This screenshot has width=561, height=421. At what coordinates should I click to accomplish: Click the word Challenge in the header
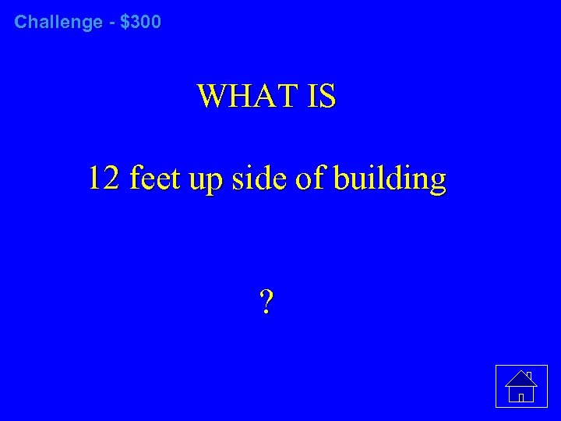coord(58,22)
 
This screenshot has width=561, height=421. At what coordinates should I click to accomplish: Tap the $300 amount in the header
coord(141,22)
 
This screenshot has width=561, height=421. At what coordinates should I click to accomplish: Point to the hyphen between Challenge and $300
coord(111,23)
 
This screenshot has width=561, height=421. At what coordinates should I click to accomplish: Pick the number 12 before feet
coord(104,179)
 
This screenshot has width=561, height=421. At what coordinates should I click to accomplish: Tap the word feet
coord(155,179)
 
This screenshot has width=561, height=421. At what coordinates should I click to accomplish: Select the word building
coord(389,179)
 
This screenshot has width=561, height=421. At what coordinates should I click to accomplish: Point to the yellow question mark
coord(266,300)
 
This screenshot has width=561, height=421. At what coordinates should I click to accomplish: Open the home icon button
coord(520,386)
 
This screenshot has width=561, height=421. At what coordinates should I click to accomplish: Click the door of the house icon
coord(520,396)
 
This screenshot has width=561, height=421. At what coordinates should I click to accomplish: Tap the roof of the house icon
coord(520,379)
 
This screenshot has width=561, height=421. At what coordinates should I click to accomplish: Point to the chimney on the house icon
coord(529,375)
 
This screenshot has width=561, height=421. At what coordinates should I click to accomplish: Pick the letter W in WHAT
coord(213,97)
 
